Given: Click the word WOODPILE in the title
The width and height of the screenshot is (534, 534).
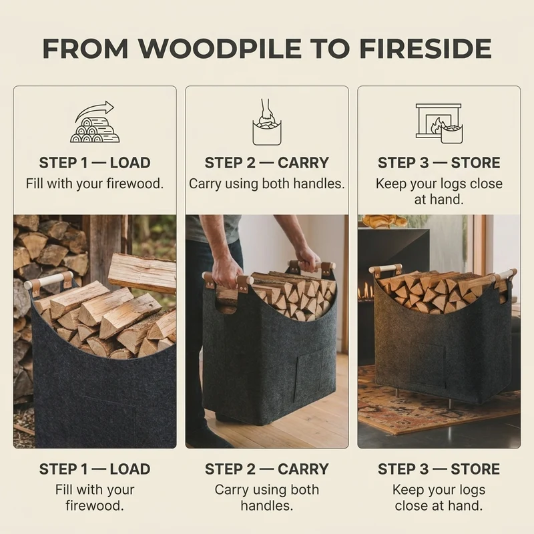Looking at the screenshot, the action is pos(220,49).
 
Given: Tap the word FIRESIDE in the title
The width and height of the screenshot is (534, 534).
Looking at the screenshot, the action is pos(425,49).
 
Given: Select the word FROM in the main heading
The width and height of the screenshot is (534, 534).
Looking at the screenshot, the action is pos(85,49).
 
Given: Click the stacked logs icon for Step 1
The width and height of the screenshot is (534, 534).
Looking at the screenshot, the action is pos(95,130).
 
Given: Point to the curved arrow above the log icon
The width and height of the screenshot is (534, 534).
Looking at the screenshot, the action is pos(95,109).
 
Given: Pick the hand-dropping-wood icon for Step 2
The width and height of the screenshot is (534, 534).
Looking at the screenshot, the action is pos(267,122).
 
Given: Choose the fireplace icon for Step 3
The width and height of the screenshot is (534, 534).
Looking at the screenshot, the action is pos(439,123).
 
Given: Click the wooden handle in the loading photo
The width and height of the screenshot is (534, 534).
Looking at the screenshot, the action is pos(48,280).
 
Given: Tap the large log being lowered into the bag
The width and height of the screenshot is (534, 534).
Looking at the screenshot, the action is pos(142,273).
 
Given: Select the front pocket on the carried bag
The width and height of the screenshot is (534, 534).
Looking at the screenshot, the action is pos(308,370).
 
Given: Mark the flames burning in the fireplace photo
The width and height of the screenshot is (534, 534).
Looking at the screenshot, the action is pos(366,290).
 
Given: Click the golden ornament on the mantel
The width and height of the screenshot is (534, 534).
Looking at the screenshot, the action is pos(384,221).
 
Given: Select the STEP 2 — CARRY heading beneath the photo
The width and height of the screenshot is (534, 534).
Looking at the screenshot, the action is pos(266,469).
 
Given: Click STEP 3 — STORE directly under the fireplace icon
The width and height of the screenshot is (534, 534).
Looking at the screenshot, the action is pos(439,162).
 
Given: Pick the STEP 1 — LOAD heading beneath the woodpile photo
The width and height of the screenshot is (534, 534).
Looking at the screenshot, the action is pos(95,469).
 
